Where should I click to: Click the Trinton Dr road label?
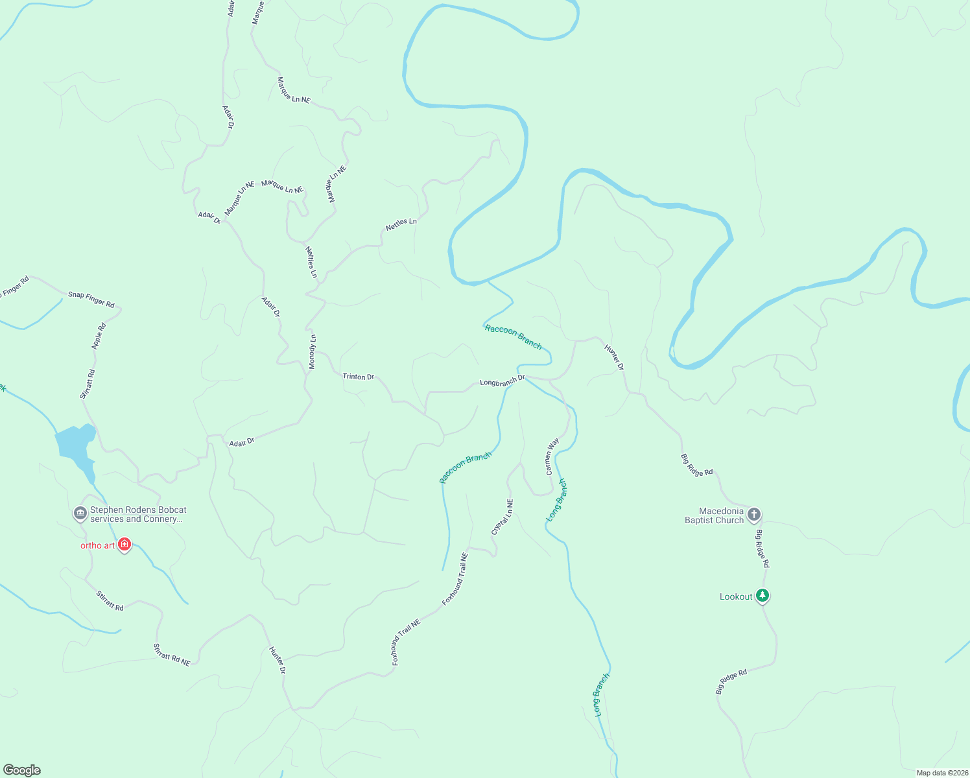point(358,376)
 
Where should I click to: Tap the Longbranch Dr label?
point(502,381)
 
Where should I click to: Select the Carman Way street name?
point(552,456)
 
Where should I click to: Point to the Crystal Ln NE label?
point(503,517)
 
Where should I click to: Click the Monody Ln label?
point(312,352)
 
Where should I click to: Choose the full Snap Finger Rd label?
point(91,299)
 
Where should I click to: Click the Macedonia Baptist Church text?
point(715,516)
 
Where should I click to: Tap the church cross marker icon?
point(753,515)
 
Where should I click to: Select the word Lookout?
point(736,596)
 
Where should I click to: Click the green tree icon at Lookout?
point(763,595)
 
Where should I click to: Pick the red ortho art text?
point(97,545)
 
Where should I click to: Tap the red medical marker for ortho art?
point(124,545)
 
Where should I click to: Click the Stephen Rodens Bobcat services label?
point(138,515)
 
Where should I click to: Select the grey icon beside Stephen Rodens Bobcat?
point(80,513)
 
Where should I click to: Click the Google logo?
point(22,770)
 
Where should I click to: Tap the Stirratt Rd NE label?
point(172,655)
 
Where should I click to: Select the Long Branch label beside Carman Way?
point(557,500)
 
